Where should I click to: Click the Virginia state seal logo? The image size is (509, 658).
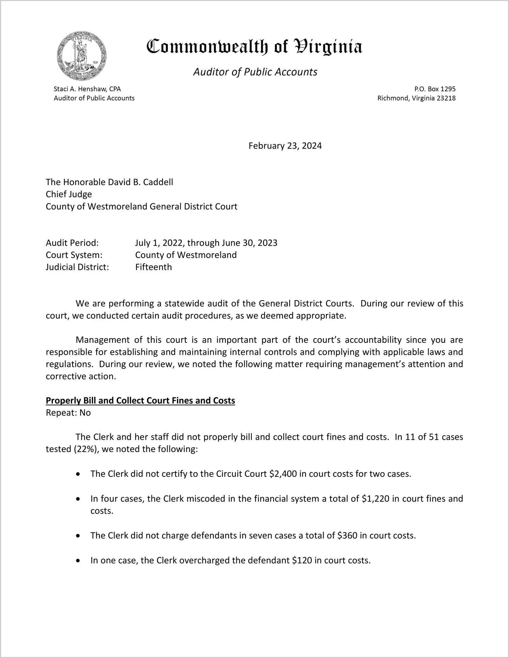(82, 56)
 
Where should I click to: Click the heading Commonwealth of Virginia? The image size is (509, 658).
(254, 47)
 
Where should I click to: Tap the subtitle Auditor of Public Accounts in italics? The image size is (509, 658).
(255, 72)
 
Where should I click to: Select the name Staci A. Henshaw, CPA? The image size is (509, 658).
(87, 89)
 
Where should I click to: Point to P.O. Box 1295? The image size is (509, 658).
(435, 89)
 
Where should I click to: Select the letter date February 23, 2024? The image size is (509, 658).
(285, 146)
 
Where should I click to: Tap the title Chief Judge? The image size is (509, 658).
(69, 194)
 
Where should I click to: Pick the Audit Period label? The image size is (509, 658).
(72, 243)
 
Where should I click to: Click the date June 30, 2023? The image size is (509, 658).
(249, 243)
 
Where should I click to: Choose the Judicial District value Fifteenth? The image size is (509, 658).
(153, 267)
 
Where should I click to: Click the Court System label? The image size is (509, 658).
(74, 255)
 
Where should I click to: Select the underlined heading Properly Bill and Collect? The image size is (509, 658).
(140, 400)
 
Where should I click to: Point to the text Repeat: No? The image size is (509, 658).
(68, 413)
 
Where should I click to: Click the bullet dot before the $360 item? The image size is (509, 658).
(78, 536)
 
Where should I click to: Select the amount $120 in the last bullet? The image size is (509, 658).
(302, 561)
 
